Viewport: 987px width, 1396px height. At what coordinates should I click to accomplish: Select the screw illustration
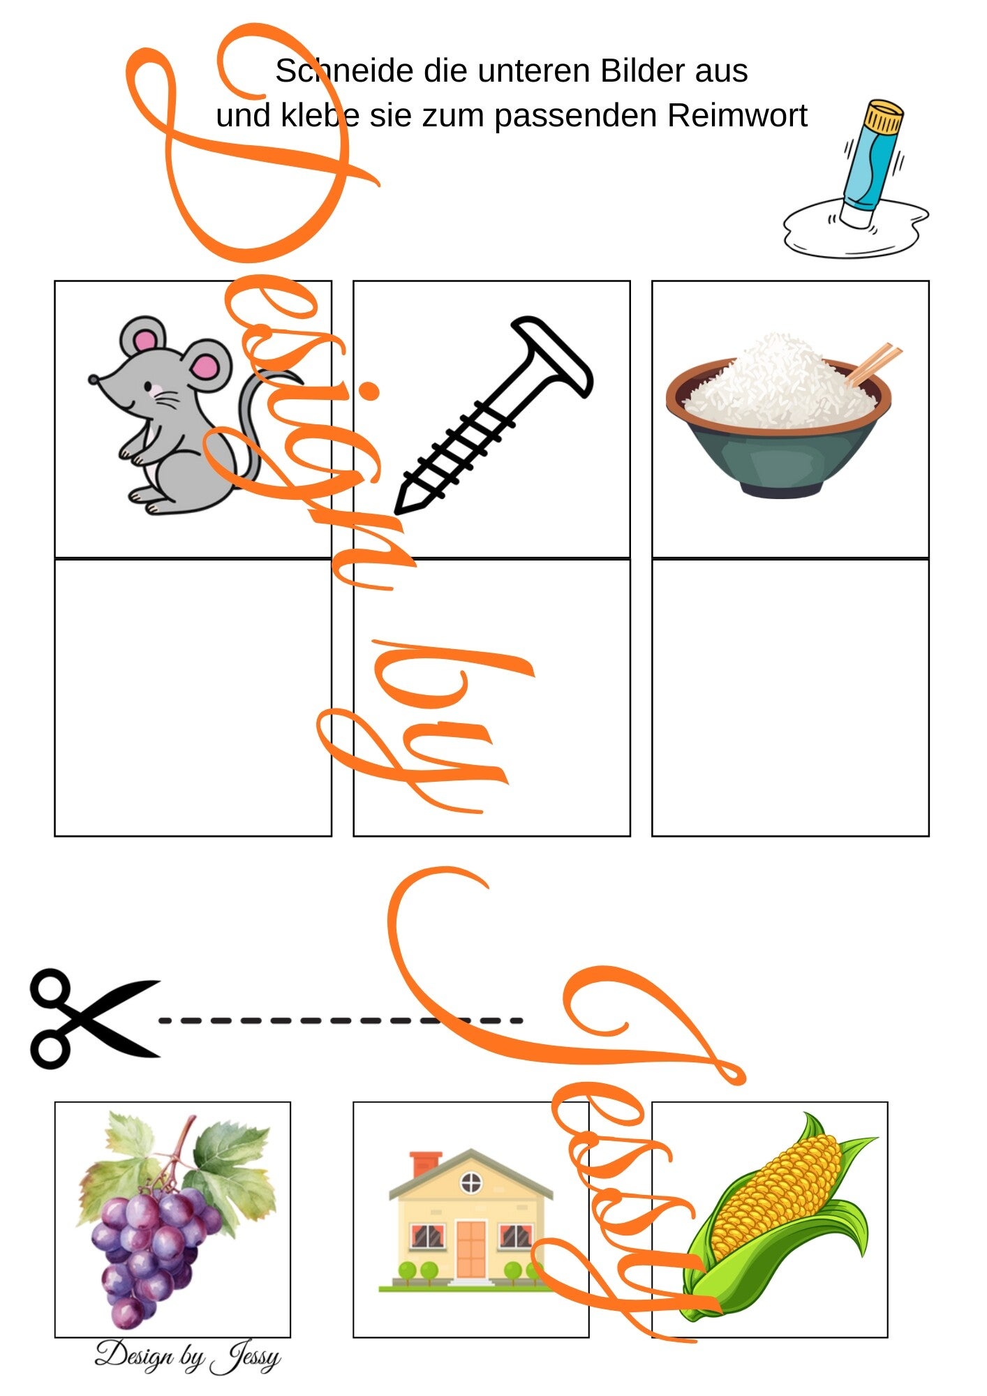coord(493,416)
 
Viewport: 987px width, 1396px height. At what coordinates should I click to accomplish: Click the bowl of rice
coord(779,416)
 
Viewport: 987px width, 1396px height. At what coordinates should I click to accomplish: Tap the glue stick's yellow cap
coord(882,116)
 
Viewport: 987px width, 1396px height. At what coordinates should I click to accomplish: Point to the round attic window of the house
coord(471,1182)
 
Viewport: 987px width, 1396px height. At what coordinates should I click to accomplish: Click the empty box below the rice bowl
coord(790,697)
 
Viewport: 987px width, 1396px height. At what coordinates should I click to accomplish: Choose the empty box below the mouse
coord(193,697)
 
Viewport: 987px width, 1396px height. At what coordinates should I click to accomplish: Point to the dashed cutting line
coord(341,1020)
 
